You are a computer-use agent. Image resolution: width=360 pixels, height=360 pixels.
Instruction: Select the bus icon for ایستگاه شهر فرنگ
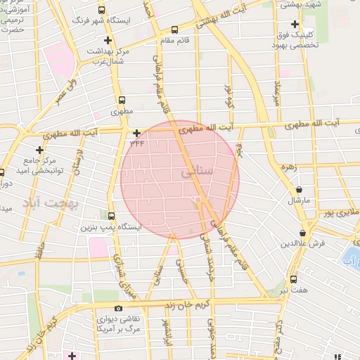[103, 11]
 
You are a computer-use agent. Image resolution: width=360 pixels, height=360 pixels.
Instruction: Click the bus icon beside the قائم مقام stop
[174, 30]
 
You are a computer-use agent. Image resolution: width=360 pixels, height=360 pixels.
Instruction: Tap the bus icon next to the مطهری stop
[122, 101]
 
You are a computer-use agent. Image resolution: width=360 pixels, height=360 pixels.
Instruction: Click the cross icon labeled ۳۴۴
[136, 132]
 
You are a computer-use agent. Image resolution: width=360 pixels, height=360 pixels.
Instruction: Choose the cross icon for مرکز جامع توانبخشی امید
[40, 150]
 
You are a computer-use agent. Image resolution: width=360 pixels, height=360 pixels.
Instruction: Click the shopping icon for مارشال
[300, 189]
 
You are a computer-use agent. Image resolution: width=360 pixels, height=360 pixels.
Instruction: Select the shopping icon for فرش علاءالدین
[302, 233]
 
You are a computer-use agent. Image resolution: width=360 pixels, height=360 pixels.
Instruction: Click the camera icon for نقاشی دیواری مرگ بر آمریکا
[117, 308]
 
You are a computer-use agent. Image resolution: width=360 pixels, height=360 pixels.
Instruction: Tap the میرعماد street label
[278, 93]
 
